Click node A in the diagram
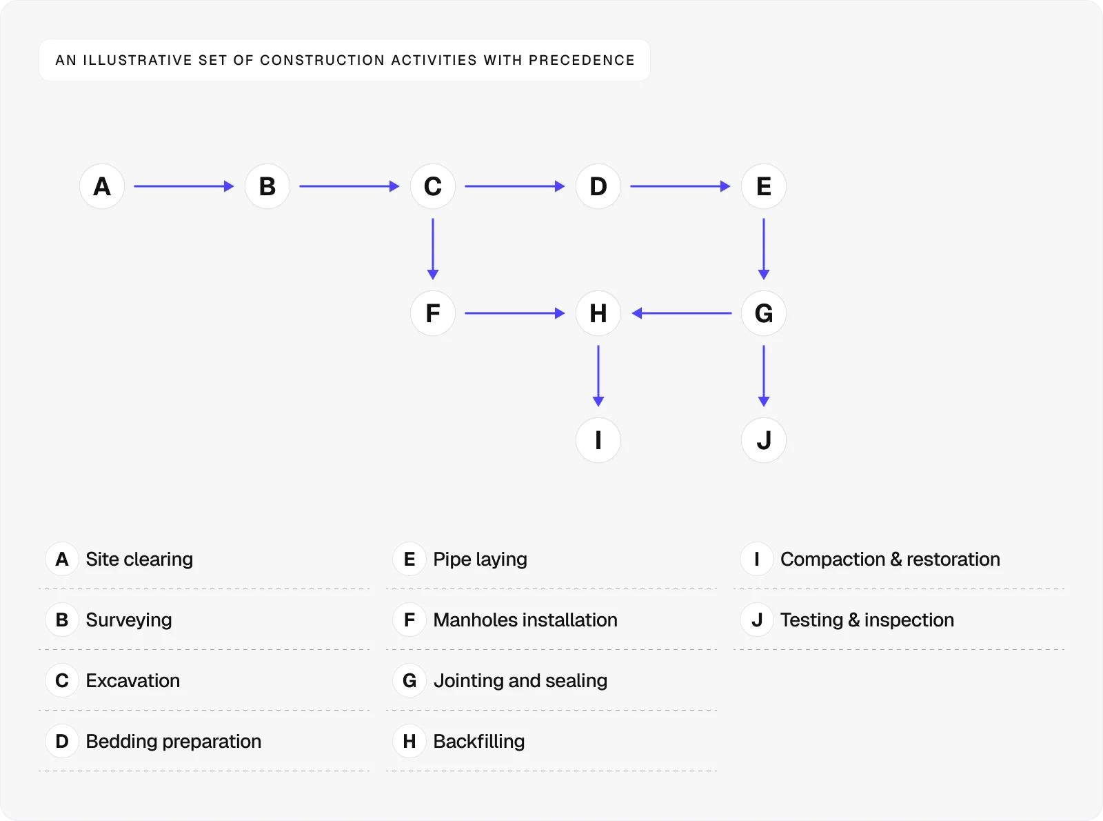(x=102, y=186)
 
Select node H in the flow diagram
(x=598, y=313)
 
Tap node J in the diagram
(x=764, y=440)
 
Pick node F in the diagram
(x=433, y=313)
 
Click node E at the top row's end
(x=764, y=186)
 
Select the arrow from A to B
(x=184, y=186)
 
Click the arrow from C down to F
(x=433, y=248)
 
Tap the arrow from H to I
(x=598, y=375)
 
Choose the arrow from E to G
(x=764, y=248)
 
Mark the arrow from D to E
(x=680, y=186)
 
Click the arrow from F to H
(x=515, y=313)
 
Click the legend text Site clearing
(x=139, y=559)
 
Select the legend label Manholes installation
(x=525, y=620)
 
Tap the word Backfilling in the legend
(x=479, y=741)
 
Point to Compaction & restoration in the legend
(x=890, y=559)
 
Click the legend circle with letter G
(x=409, y=680)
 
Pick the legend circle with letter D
(x=62, y=741)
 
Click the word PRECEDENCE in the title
(x=581, y=60)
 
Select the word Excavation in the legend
(x=133, y=680)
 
